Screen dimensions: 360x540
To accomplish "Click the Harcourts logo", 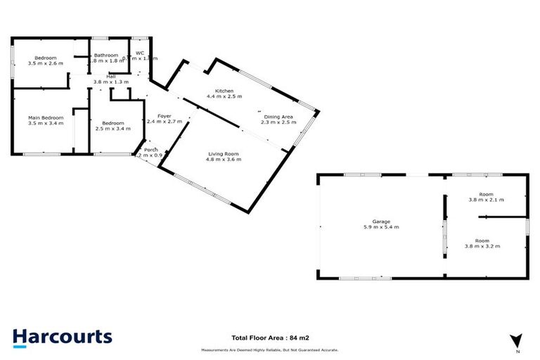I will tap(62, 336).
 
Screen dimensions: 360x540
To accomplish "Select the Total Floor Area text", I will tap(270, 337).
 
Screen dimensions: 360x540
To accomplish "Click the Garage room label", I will tap(382, 221).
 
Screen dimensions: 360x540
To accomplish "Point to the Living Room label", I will tap(224, 153).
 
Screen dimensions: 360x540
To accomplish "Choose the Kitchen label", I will tap(224, 91).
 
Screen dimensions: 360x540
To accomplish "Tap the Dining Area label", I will tap(279, 117).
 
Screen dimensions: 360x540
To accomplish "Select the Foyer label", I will tap(165, 115).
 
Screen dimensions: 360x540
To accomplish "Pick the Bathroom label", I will tap(105, 55).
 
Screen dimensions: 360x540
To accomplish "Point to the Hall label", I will tap(111, 76).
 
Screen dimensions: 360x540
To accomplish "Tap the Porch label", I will tap(150, 150).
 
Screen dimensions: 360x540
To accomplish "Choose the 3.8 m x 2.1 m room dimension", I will tap(486, 200).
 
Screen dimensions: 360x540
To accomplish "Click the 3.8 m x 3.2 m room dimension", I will tap(482, 246).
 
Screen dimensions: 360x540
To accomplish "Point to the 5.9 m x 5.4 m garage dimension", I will tap(382, 227).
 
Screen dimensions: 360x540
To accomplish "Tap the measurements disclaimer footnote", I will tap(270, 349).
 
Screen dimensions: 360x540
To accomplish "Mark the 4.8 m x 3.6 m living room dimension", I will tap(224, 160).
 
